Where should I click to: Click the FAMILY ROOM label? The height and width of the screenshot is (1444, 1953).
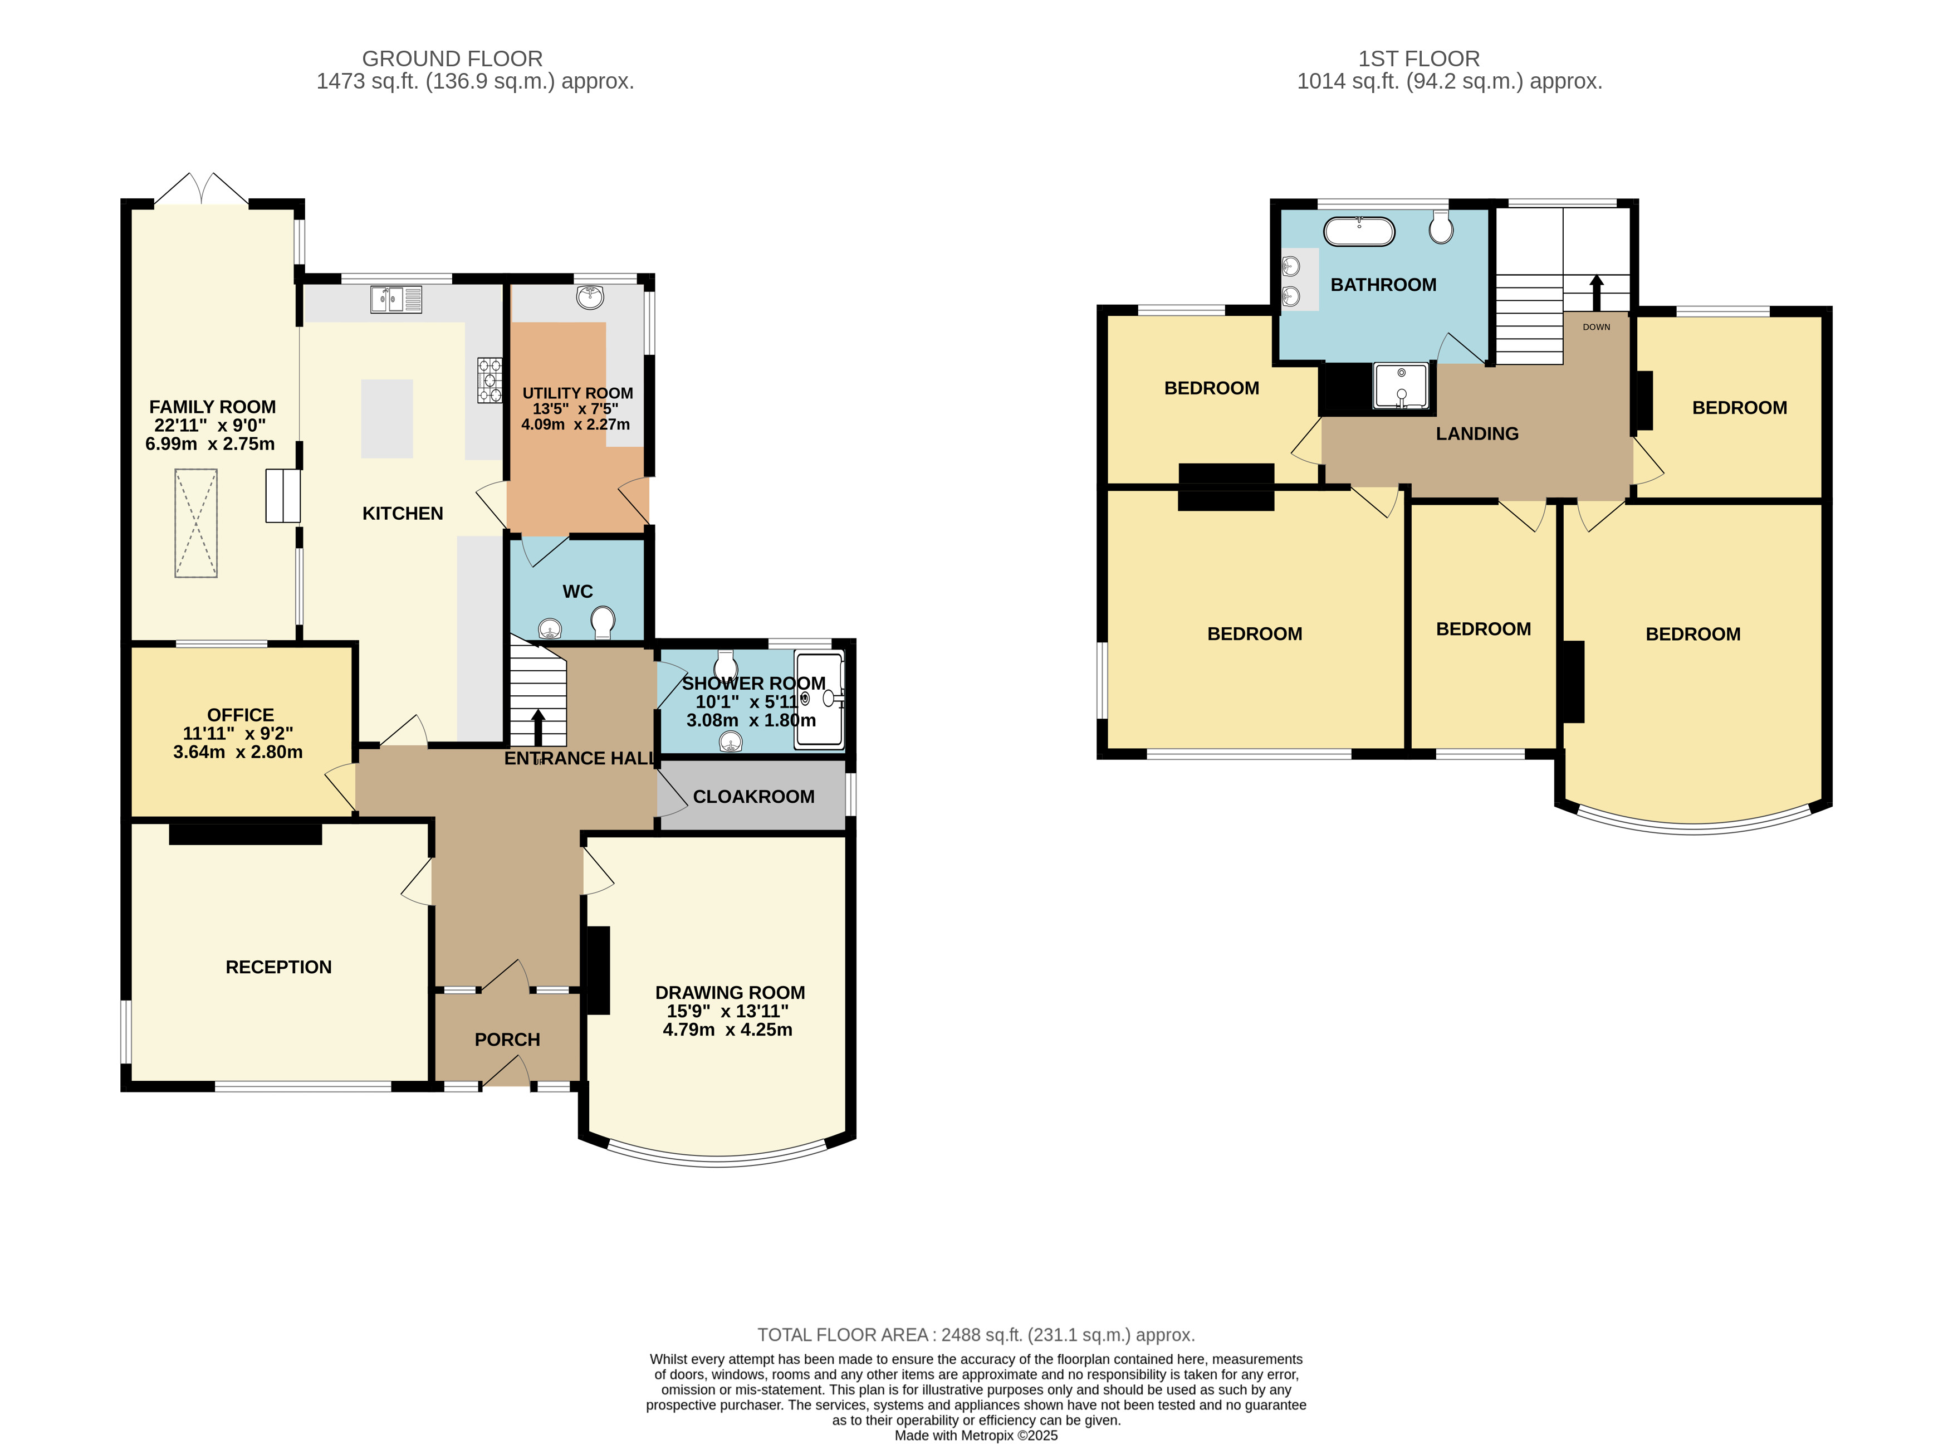212,407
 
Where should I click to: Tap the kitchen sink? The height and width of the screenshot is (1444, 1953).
396,299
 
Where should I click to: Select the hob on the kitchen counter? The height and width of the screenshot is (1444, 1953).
490,380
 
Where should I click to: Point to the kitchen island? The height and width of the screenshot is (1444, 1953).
387,419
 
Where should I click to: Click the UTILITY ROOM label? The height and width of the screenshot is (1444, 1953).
577,393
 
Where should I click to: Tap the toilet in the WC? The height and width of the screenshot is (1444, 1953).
603,623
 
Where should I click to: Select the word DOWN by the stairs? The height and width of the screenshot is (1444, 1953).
1597,327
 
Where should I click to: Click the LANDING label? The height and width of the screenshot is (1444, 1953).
1477,433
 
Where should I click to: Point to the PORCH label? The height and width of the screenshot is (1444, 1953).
508,1040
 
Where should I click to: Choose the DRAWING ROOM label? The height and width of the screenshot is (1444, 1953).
731,993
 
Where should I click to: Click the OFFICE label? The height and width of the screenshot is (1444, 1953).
241,715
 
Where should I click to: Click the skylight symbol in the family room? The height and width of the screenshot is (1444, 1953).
195,524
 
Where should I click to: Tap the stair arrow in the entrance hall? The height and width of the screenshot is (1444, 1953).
537,727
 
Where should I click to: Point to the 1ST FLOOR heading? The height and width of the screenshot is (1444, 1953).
1419,58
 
